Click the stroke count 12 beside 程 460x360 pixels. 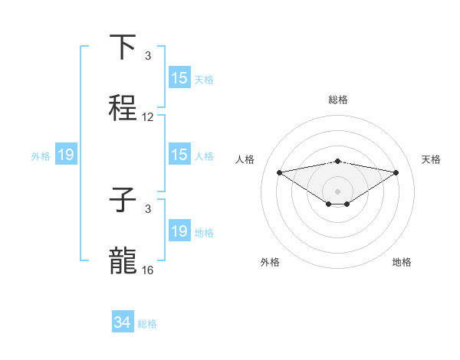pyautogui.click(x=148, y=118)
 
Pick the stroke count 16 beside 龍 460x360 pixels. pyautogui.click(x=148, y=270)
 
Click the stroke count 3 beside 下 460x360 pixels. pyautogui.click(x=148, y=56)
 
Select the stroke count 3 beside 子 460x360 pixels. pyautogui.click(x=148, y=208)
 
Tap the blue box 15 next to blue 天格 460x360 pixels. pyautogui.click(x=179, y=78)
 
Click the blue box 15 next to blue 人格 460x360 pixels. pyautogui.click(x=179, y=155)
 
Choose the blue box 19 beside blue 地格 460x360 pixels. pyautogui.click(x=179, y=231)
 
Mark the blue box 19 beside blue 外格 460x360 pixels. pyautogui.click(x=66, y=155)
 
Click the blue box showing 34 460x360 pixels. pyautogui.click(x=123, y=322)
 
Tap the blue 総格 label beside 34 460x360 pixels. pyautogui.click(x=147, y=324)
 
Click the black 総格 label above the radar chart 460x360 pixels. pyautogui.click(x=338, y=100)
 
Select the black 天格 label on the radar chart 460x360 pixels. pyautogui.click(x=431, y=159)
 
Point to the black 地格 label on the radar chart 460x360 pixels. pyautogui.click(x=402, y=262)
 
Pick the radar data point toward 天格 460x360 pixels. pyautogui.click(x=396, y=172)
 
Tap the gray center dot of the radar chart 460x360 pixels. pyautogui.click(x=338, y=191)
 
